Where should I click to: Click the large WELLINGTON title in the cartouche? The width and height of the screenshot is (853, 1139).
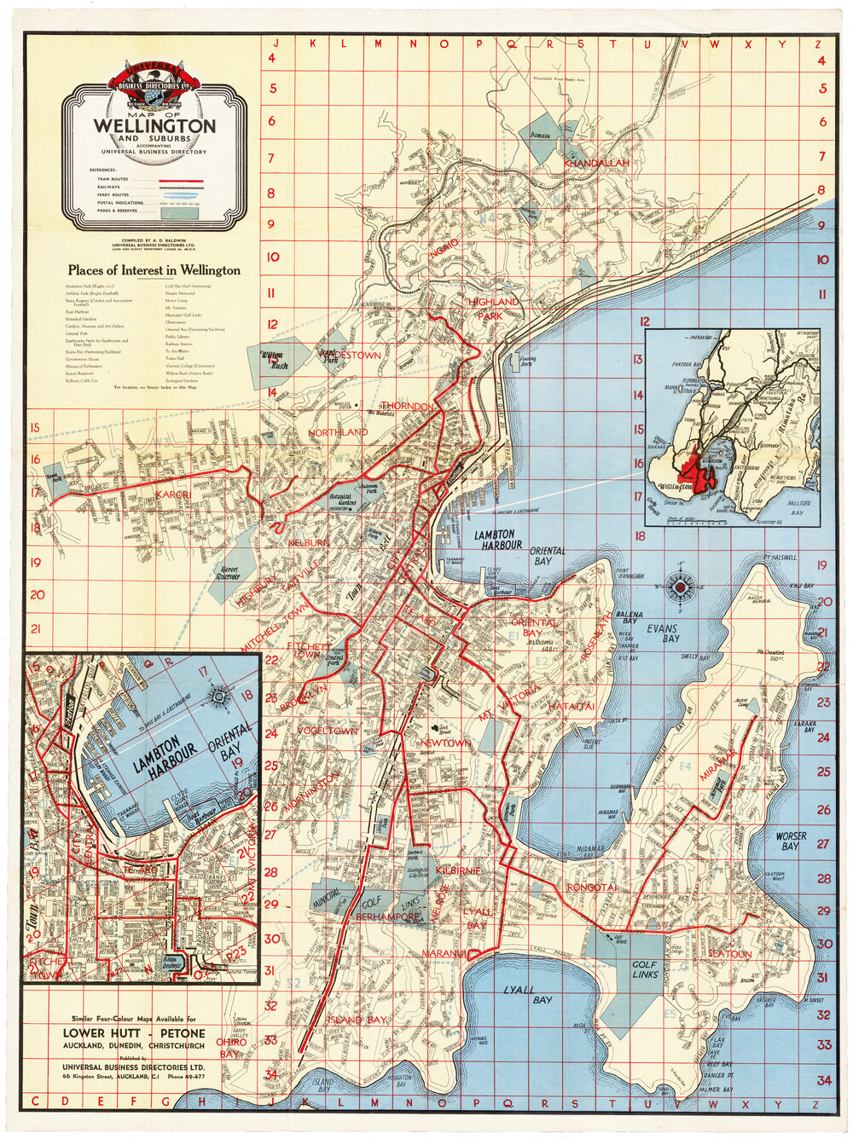pos(154,125)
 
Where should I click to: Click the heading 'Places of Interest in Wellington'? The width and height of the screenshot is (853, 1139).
pos(154,270)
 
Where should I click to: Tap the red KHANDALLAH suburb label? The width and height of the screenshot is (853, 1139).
pos(595,162)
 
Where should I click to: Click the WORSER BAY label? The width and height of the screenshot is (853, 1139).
pos(790,841)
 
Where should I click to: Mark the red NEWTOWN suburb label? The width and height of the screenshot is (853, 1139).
pos(445,743)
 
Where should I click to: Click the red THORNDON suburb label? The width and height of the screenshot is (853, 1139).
pos(407,407)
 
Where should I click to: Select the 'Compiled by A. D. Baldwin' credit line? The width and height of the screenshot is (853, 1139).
pos(154,241)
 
